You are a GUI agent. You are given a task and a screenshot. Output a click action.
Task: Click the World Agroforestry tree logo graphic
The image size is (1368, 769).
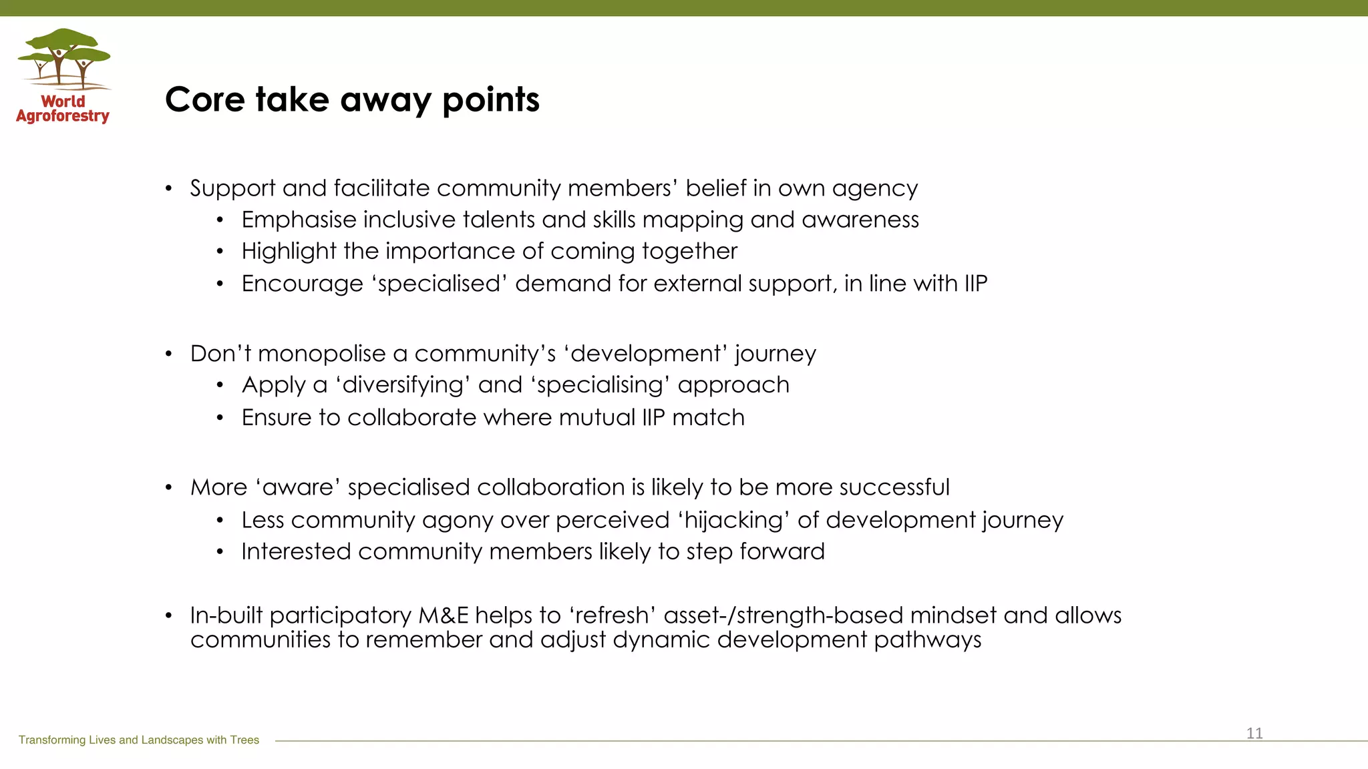(x=64, y=59)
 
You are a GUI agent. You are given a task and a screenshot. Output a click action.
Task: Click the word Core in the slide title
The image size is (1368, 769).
(x=205, y=100)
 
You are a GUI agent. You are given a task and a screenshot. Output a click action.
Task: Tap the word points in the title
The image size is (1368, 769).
(x=490, y=100)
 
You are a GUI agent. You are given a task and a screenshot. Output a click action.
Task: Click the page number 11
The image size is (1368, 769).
(x=1254, y=734)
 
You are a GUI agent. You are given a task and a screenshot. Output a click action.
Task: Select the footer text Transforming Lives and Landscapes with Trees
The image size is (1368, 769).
(x=139, y=740)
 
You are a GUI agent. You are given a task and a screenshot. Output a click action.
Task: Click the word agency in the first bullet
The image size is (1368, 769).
(x=874, y=189)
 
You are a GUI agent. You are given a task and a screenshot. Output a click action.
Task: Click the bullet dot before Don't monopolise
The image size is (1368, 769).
(x=169, y=354)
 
